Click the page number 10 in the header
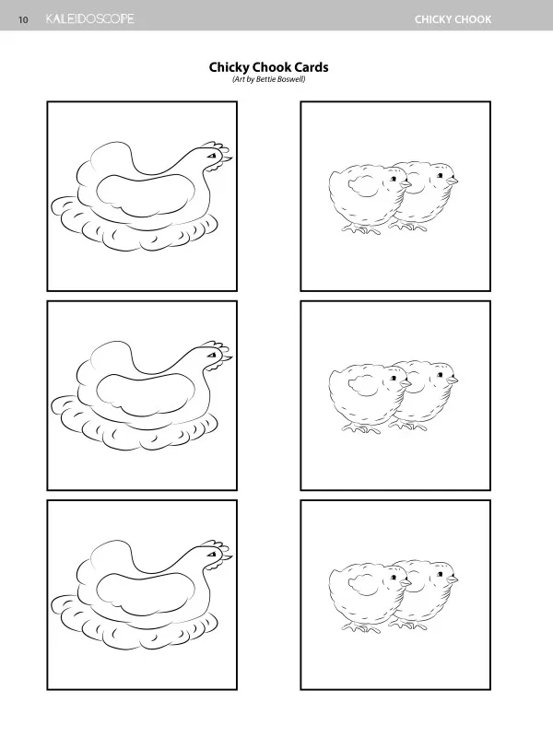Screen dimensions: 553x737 tap(23, 19)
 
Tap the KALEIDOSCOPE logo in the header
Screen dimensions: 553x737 tap(89, 18)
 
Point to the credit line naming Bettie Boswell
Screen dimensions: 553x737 tap(269, 79)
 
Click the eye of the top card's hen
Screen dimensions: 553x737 tap(213, 155)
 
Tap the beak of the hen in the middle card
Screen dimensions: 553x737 tap(228, 358)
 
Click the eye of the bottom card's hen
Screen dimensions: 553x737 tap(213, 555)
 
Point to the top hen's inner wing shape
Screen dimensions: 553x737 tap(146, 195)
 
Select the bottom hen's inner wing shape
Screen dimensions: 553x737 tap(146, 594)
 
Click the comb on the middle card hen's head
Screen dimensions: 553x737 tap(218, 347)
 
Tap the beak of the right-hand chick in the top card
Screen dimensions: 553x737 tap(453, 181)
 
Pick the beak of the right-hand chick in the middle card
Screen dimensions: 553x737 tap(453, 380)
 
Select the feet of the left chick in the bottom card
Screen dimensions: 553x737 tap(361, 628)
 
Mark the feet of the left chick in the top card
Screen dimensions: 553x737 tap(361, 228)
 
